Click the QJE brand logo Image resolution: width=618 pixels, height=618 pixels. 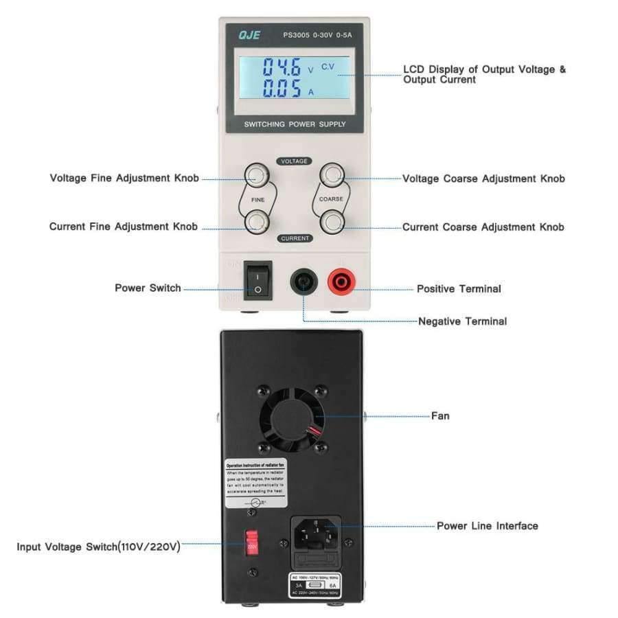coord(249,35)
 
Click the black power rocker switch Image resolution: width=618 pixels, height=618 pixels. coord(257,282)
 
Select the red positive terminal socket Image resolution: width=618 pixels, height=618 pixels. coord(340,280)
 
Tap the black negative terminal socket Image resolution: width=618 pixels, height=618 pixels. coord(303,281)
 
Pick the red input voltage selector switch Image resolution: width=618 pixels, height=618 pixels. coord(251,545)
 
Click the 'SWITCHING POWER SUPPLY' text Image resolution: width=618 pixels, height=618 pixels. coord(295,124)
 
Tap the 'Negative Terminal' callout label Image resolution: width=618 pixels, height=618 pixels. coord(462,321)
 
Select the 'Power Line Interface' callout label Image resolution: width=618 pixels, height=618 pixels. coord(487,526)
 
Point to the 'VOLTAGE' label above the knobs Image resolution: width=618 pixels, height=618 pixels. coord(295,161)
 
